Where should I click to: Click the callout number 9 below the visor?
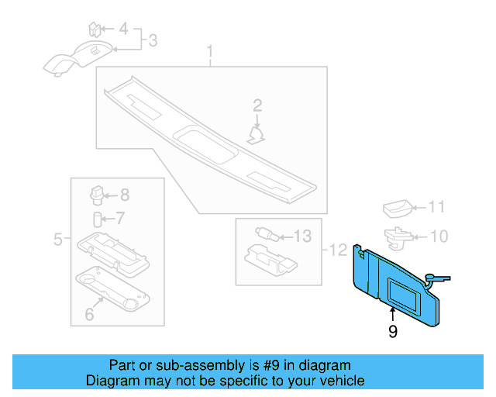[x=393, y=331]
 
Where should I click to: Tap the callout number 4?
[x=123, y=29]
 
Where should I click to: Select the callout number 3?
[x=153, y=40]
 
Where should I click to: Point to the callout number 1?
[x=210, y=51]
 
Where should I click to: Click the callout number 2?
[x=257, y=105]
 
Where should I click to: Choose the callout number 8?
[x=125, y=195]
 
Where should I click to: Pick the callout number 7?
[x=120, y=218]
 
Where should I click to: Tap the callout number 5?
[x=58, y=239]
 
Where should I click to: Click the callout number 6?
[x=89, y=314]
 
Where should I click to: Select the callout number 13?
[x=303, y=236]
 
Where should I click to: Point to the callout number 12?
[x=338, y=250]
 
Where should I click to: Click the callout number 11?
[x=436, y=207]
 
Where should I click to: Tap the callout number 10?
[x=439, y=236]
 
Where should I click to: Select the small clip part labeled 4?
[x=95, y=29]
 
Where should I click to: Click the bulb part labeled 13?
[x=267, y=234]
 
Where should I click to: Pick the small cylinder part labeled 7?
[x=97, y=219]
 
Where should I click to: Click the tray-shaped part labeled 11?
[x=398, y=209]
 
